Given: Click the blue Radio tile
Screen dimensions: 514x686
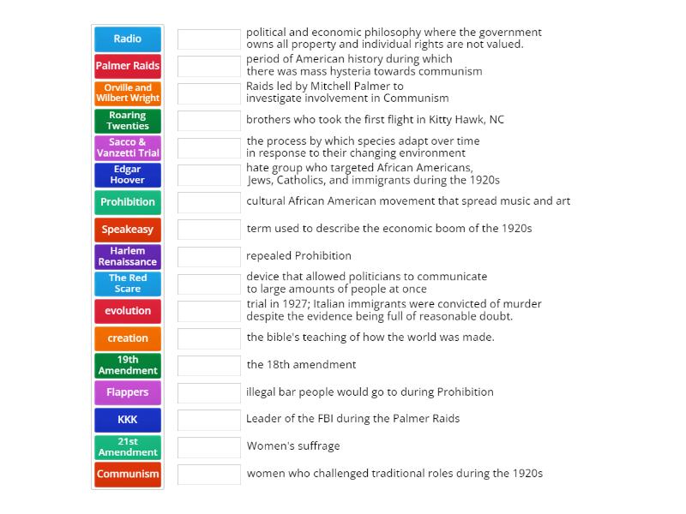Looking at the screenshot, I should pyautogui.click(x=128, y=39).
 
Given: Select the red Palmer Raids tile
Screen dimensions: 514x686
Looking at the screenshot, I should pyautogui.click(x=128, y=66).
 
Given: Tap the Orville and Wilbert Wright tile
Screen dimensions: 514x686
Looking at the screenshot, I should pyautogui.click(x=128, y=93).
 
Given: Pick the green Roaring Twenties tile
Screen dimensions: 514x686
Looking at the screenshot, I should pyautogui.click(x=128, y=121).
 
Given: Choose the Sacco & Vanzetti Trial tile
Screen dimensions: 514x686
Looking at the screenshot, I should pyautogui.click(x=128, y=147).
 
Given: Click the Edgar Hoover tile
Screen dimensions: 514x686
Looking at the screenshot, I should pyautogui.click(x=128, y=175).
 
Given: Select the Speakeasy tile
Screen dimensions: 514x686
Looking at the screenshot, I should pyautogui.click(x=128, y=230).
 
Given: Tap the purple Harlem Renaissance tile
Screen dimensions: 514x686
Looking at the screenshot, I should pyautogui.click(x=128, y=256).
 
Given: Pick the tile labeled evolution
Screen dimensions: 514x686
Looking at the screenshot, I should pyautogui.click(x=128, y=311).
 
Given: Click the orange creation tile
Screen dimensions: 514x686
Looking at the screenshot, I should pyautogui.click(x=128, y=338).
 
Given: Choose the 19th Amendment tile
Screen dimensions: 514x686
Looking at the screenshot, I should pyautogui.click(x=128, y=365).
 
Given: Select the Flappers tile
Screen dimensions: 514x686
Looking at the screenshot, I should pyautogui.click(x=128, y=392).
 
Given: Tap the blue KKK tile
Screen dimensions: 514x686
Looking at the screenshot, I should pyautogui.click(x=128, y=420).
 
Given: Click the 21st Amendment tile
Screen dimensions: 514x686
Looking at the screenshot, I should pyautogui.click(x=128, y=446).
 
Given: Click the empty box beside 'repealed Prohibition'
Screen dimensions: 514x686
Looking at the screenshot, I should pyautogui.click(x=209, y=256).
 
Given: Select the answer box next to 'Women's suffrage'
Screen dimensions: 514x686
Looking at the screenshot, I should pyautogui.click(x=209, y=446).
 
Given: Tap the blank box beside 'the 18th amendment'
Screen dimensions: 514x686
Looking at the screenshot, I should pyautogui.click(x=209, y=365).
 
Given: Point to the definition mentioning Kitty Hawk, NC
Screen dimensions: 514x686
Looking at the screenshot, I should pyautogui.click(x=375, y=120).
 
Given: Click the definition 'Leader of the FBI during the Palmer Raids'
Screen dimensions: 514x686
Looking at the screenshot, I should pyautogui.click(x=352, y=419).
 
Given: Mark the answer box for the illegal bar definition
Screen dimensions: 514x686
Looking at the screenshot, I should pyautogui.click(x=209, y=392).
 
